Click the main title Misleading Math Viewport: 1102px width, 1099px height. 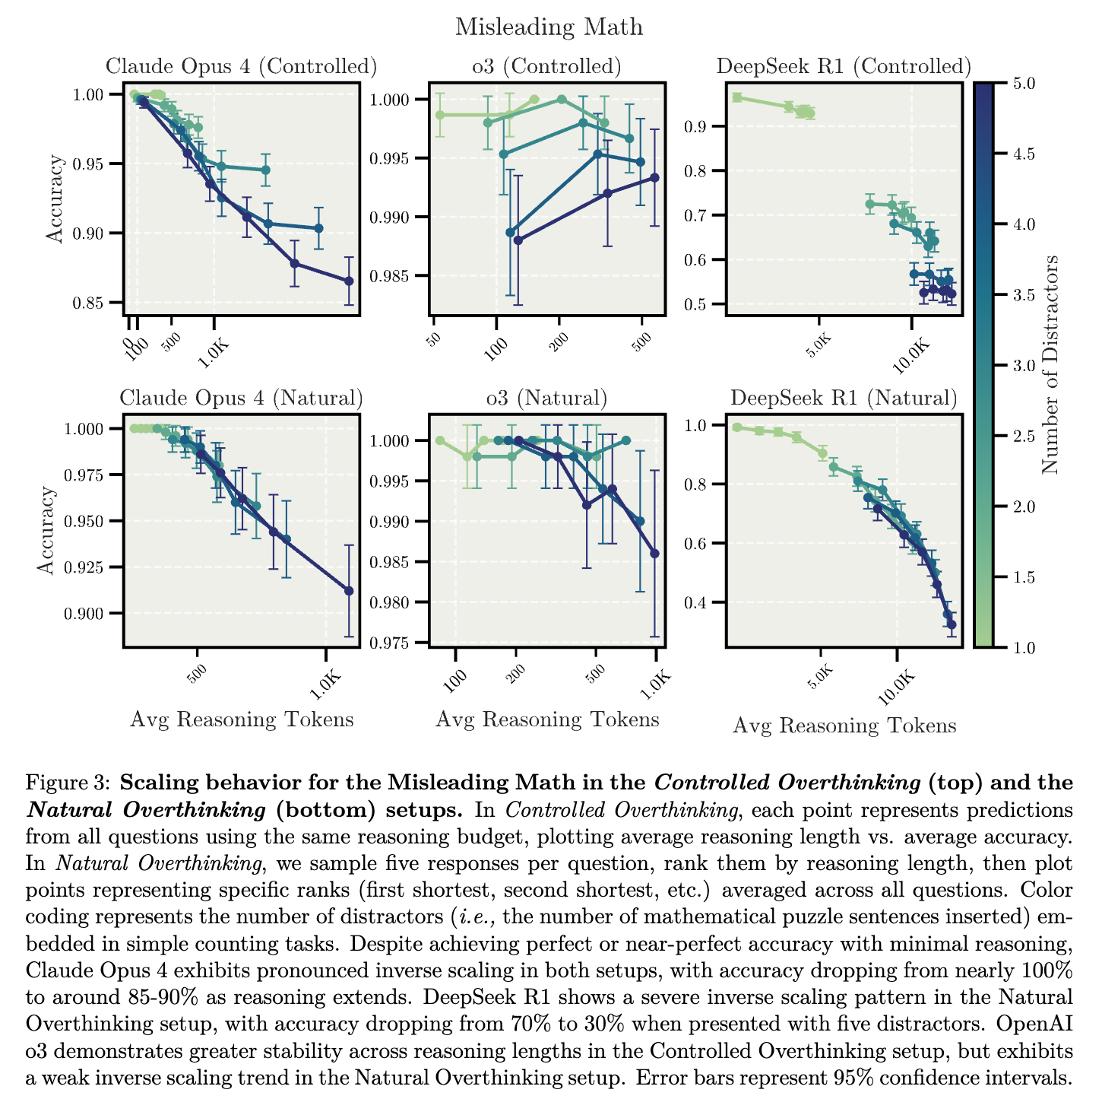[549, 27]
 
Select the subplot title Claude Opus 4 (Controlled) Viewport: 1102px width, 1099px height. [242, 66]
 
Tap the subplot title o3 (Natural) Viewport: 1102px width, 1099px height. [546, 398]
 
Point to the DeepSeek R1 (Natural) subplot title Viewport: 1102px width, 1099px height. [844, 398]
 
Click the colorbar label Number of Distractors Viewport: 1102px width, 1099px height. [1050, 364]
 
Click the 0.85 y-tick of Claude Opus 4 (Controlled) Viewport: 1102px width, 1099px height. [88, 303]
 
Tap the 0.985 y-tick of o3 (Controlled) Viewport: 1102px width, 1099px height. [390, 277]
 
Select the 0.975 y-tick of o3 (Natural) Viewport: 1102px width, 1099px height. [390, 643]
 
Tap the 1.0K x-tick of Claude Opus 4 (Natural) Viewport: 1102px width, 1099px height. [326, 685]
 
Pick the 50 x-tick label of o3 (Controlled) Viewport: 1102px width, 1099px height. [435, 339]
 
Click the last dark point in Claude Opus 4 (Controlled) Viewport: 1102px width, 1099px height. [349, 281]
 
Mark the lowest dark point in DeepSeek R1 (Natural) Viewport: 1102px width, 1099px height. [952, 624]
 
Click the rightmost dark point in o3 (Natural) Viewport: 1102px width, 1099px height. [655, 554]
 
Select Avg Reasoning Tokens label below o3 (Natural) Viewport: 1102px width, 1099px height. [547, 719]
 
